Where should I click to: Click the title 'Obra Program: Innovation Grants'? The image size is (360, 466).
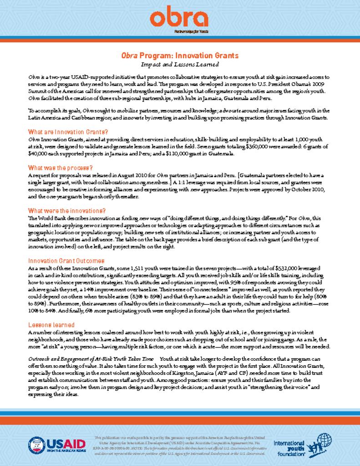[179, 56]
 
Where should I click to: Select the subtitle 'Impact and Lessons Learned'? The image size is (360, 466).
[180, 65]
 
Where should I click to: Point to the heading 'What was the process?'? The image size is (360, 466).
[61, 167]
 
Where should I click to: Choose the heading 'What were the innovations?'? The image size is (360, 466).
[67, 211]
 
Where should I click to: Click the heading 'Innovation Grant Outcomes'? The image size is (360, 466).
[66, 261]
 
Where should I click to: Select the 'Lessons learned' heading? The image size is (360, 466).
[51, 312]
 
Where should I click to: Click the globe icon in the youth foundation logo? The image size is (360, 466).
[326, 440]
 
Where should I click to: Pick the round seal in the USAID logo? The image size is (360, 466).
[36, 444]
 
